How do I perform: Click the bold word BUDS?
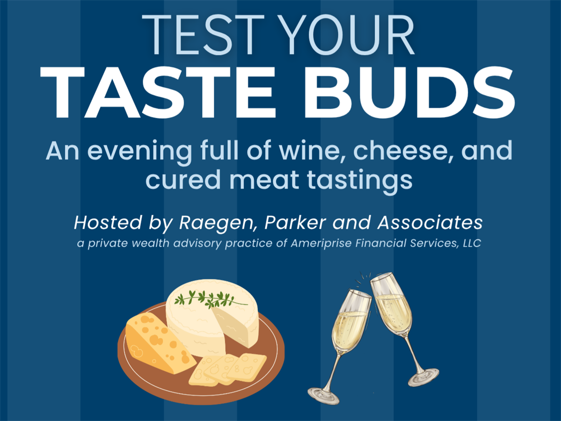tap(409, 92)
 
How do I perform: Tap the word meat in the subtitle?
tap(264, 180)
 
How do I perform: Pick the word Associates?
tap(430, 223)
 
